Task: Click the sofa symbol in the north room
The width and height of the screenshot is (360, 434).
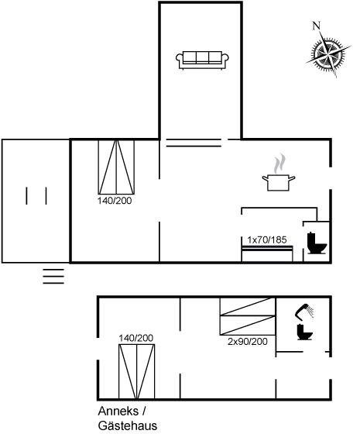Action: coord(201,60)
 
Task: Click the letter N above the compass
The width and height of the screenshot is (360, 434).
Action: coord(316,26)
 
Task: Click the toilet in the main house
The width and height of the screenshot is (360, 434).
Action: coord(316,242)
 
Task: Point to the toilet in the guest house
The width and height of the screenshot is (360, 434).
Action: coord(305,332)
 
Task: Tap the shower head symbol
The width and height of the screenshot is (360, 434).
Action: coord(305,312)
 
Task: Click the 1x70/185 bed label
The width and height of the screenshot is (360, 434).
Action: coord(267,239)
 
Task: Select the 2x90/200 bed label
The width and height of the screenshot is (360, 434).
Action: coord(248,342)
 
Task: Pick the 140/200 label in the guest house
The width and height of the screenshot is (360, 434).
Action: coord(136,338)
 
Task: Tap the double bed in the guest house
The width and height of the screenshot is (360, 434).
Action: coord(136,370)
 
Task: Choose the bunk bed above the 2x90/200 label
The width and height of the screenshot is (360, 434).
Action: coord(248,317)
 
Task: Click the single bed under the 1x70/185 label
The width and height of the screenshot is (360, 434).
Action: coord(267,253)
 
